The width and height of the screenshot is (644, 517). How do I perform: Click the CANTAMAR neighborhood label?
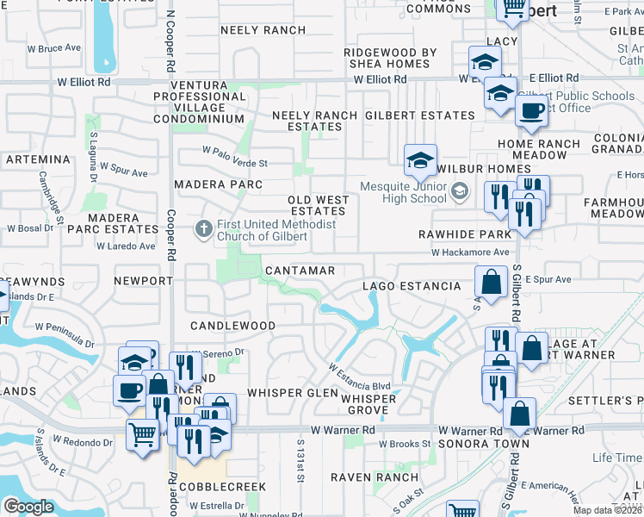tap(300, 271)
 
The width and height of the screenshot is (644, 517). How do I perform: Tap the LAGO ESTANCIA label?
tap(411, 286)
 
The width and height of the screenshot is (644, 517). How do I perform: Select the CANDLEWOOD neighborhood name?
tap(232, 327)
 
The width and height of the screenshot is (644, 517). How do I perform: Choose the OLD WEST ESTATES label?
tap(319, 205)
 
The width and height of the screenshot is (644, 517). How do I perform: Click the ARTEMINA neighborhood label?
tap(37, 160)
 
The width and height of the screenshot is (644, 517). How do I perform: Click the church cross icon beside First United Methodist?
tap(203, 229)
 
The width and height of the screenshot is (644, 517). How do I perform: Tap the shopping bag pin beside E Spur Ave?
tap(491, 281)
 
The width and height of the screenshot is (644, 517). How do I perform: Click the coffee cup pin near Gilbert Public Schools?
tap(531, 109)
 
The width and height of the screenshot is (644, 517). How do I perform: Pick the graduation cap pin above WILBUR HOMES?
tap(420, 159)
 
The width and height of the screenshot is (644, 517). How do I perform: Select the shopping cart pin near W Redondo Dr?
tap(142, 433)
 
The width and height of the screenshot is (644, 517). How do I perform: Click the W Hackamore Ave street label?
tap(470, 253)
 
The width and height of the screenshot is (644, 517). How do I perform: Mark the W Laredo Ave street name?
tap(126, 246)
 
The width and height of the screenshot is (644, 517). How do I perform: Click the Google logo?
tap(28, 507)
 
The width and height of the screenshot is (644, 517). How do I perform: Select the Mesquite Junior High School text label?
tap(403, 193)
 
